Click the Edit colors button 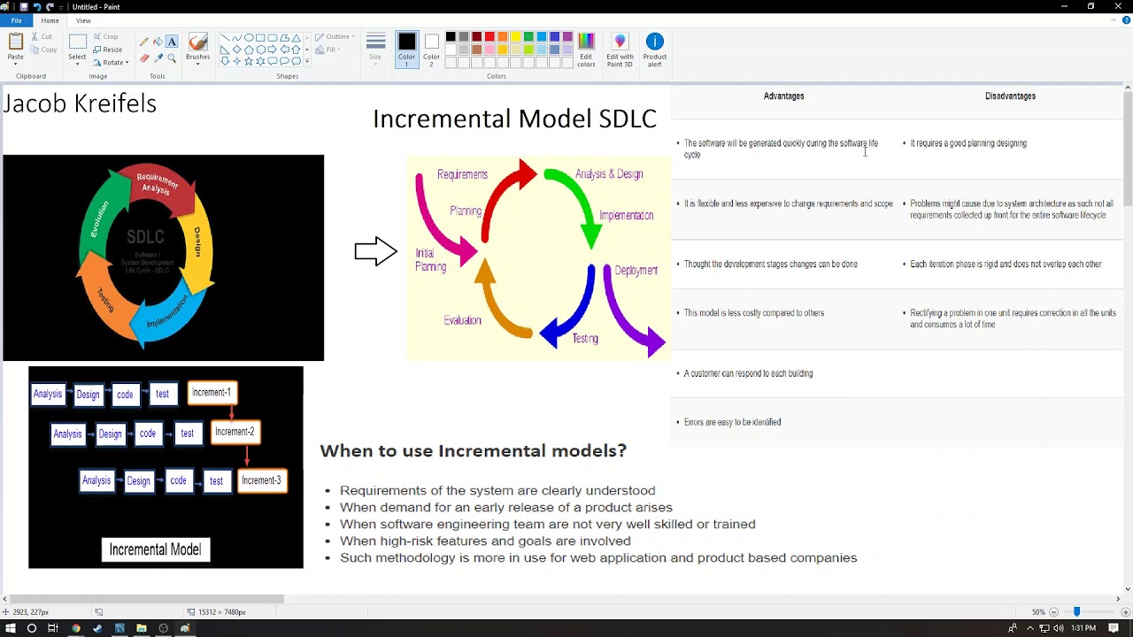(x=586, y=49)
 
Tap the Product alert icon (x=654, y=49)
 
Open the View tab (x=83, y=20)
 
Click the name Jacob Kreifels (x=80, y=104)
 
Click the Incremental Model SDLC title (x=514, y=119)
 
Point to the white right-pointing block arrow (x=375, y=251)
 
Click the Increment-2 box (x=235, y=432)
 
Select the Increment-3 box (x=261, y=480)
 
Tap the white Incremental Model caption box (x=155, y=549)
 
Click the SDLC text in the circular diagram (x=145, y=237)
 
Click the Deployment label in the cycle (x=636, y=271)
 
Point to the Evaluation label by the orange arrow (x=462, y=320)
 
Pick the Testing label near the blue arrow (x=584, y=338)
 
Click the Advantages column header (x=783, y=96)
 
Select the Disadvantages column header (x=1010, y=96)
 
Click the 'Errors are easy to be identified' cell (x=732, y=422)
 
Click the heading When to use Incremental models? (x=473, y=450)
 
